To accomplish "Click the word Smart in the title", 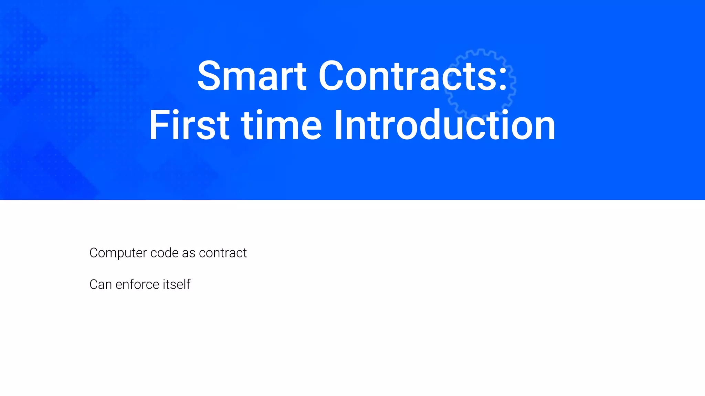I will point(252,76).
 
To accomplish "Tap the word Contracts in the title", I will point(408,76).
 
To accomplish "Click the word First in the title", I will point(189,125).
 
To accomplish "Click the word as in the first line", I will point(189,253).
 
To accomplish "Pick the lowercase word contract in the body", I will point(223,253).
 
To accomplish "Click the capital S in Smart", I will point(209,76).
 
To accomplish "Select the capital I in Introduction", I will point(338,125).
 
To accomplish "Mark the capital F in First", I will point(158,125).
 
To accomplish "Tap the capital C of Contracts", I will point(331,76).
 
